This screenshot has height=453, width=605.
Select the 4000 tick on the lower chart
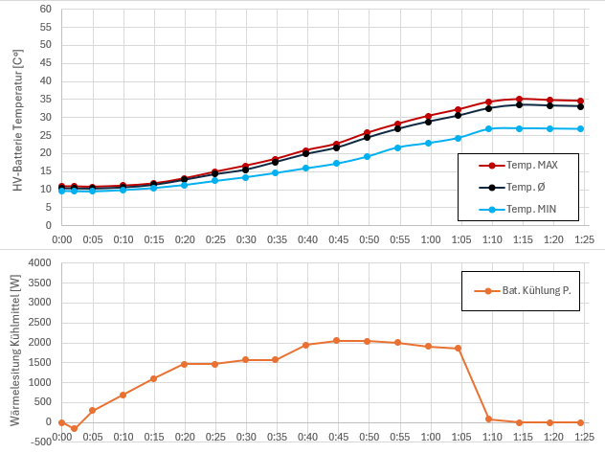point(39,262)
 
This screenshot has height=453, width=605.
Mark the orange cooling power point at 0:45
point(336,340)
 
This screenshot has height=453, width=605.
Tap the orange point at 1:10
point(488,419)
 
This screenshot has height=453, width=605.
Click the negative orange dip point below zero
point(74,428)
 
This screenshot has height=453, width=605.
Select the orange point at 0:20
point(184,364)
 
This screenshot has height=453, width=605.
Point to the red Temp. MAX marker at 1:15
point(519,99)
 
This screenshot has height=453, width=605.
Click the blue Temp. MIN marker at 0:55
point(397,147)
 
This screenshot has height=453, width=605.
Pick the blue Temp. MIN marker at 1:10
point(488,128)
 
